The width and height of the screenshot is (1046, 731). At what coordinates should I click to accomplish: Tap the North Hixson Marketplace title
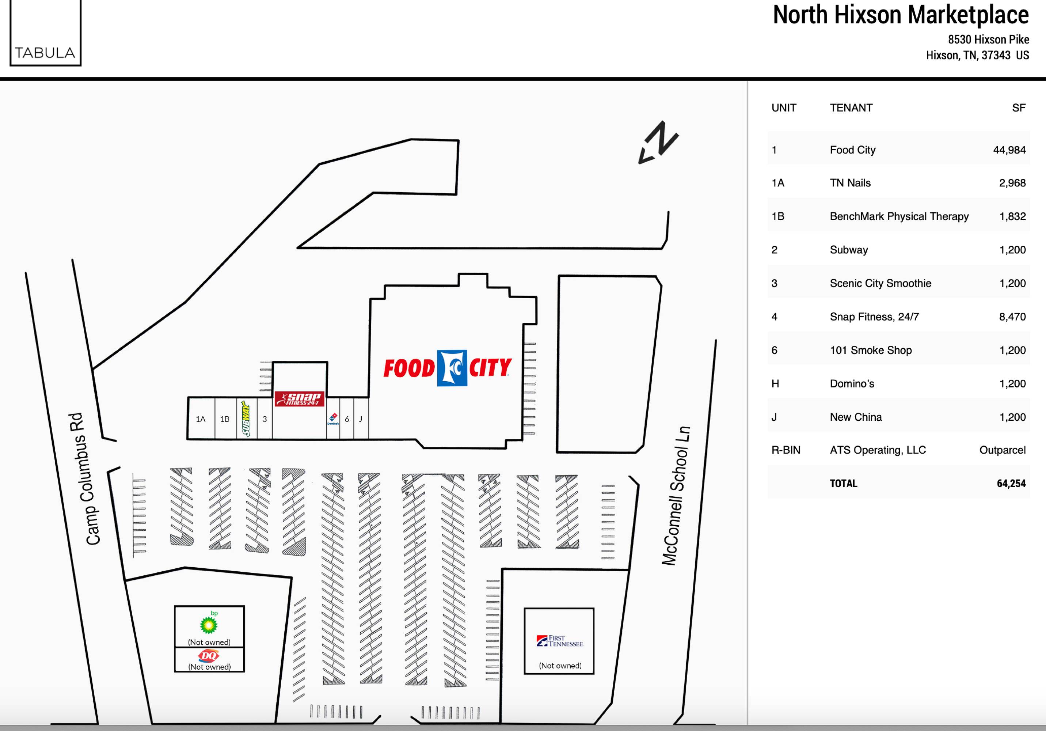901,15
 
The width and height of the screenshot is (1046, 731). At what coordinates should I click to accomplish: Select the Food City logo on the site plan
448,368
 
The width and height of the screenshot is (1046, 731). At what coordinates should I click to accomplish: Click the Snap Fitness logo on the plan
299,399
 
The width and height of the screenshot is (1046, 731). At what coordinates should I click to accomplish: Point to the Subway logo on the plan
246,418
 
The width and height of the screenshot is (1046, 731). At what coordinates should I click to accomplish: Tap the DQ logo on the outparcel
209,656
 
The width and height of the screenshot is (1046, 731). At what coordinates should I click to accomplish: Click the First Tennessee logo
559,641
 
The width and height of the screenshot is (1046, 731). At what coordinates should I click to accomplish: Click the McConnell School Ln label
676,496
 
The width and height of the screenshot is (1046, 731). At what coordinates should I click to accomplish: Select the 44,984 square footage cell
1009,150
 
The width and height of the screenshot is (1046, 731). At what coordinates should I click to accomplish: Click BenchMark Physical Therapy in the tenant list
899,216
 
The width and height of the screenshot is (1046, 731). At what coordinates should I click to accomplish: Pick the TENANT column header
851,108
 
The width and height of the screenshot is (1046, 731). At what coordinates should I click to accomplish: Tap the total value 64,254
1011,484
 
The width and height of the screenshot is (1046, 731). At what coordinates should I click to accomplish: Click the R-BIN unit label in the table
786,450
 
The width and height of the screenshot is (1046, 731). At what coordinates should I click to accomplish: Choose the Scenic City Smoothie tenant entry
880,284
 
